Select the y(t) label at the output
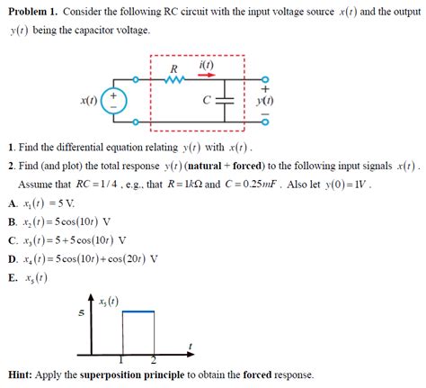click(265, 101)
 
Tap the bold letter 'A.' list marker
click(12, 203)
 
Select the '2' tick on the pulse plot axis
click(154, 360)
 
